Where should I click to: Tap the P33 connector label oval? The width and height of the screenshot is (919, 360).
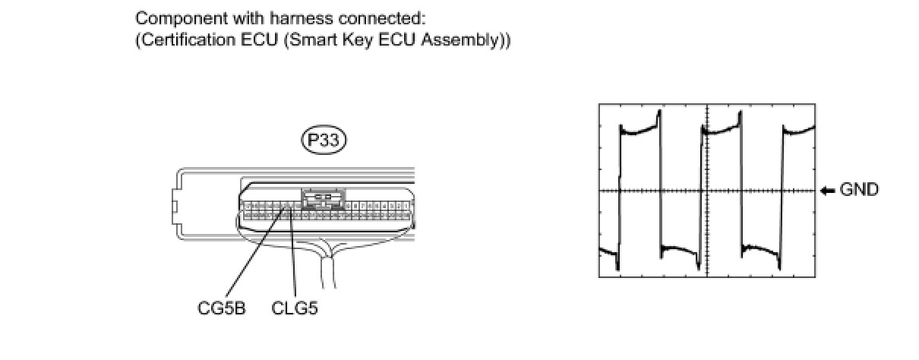323,140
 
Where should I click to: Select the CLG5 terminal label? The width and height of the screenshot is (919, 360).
294,310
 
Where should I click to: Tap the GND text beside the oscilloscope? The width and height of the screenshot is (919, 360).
859,190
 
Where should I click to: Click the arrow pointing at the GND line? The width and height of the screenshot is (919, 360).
827,191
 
